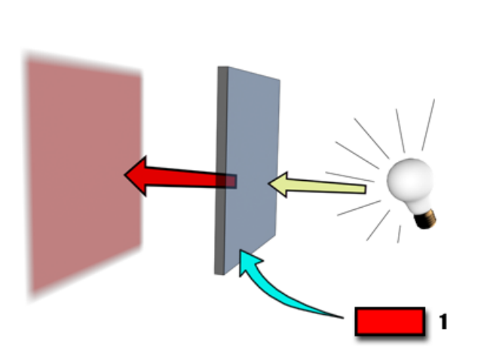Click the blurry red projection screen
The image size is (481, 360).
coord(83,173)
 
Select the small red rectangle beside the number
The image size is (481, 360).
coord(389,321)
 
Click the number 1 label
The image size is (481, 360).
coord(443,322)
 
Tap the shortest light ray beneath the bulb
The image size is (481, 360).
coord(399,234)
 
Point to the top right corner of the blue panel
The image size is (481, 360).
coord(280,79)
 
